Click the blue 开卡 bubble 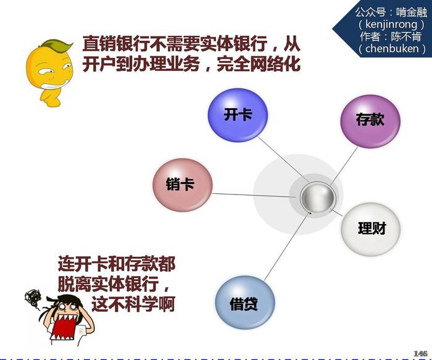click(x=238, y=115)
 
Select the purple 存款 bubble click(x=370, y=121)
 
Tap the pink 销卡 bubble click(x=183, y=185)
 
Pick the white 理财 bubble click(x=371, y=229)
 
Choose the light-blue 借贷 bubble click(x=244, y=303)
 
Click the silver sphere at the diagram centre click(x=317, y=198)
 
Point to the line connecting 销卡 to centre click(x=254, y=195)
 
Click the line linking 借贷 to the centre click(x=287, y=245)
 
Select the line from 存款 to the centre click(x=343, y=166)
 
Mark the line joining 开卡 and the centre click(x=283, y=160)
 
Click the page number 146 click(x=420, y=353)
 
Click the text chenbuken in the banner click(x=392, y=49)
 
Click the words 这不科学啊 click(x=133, y=304)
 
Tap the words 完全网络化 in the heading click(x=259, y=64)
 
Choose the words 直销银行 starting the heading click(x=116, y=44)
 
